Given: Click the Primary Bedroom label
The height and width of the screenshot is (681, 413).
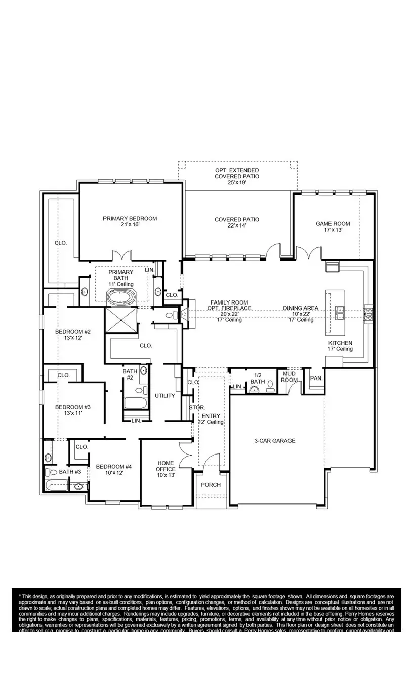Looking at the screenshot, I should [130, 221].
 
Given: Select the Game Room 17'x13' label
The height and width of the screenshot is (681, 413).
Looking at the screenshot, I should [333, 226].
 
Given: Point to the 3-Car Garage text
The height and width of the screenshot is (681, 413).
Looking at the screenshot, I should [274, 441].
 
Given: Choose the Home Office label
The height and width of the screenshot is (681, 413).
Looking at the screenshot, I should [166, 469].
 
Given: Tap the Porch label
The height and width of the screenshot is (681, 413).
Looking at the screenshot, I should [211, 485].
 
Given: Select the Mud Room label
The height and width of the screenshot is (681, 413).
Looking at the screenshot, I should [290, 376].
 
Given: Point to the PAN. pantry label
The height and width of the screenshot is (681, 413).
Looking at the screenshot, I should [316, 378].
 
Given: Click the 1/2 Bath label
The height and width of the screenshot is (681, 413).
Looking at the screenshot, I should [257, 378].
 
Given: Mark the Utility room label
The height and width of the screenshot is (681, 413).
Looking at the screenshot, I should [165, 396].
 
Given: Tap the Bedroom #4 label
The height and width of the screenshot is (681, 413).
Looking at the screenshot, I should [114, 469].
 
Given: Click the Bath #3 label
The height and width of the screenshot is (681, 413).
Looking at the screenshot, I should [70, 472].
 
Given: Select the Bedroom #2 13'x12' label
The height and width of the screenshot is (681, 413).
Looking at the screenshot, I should [73, 334].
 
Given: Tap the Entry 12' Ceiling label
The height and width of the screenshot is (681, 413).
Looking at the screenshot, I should [211, 419].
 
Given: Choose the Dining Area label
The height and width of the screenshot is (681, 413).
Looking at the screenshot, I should [301, 314].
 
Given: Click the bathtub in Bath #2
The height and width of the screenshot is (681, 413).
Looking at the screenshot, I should [136, 404].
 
